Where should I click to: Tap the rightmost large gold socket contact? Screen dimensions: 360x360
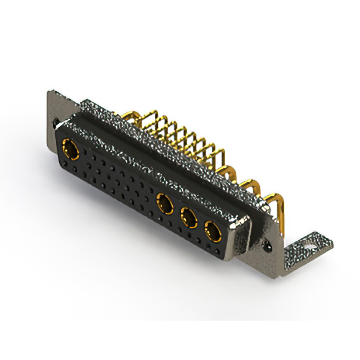pyautogui.click(x=213, y=230)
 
